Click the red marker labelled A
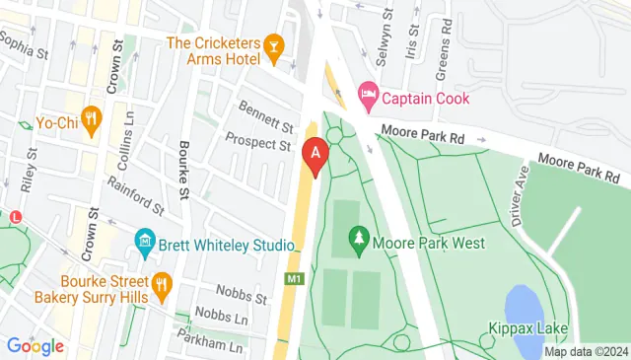tap(315, 156)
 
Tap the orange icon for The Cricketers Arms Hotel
tap(274, 45)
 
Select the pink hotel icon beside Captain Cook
tap(368, 98)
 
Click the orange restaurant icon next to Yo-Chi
tap(91, 120)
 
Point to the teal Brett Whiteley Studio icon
tap(144, 243)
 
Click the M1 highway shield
tap(293, 279)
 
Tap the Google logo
tap(35, 346)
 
